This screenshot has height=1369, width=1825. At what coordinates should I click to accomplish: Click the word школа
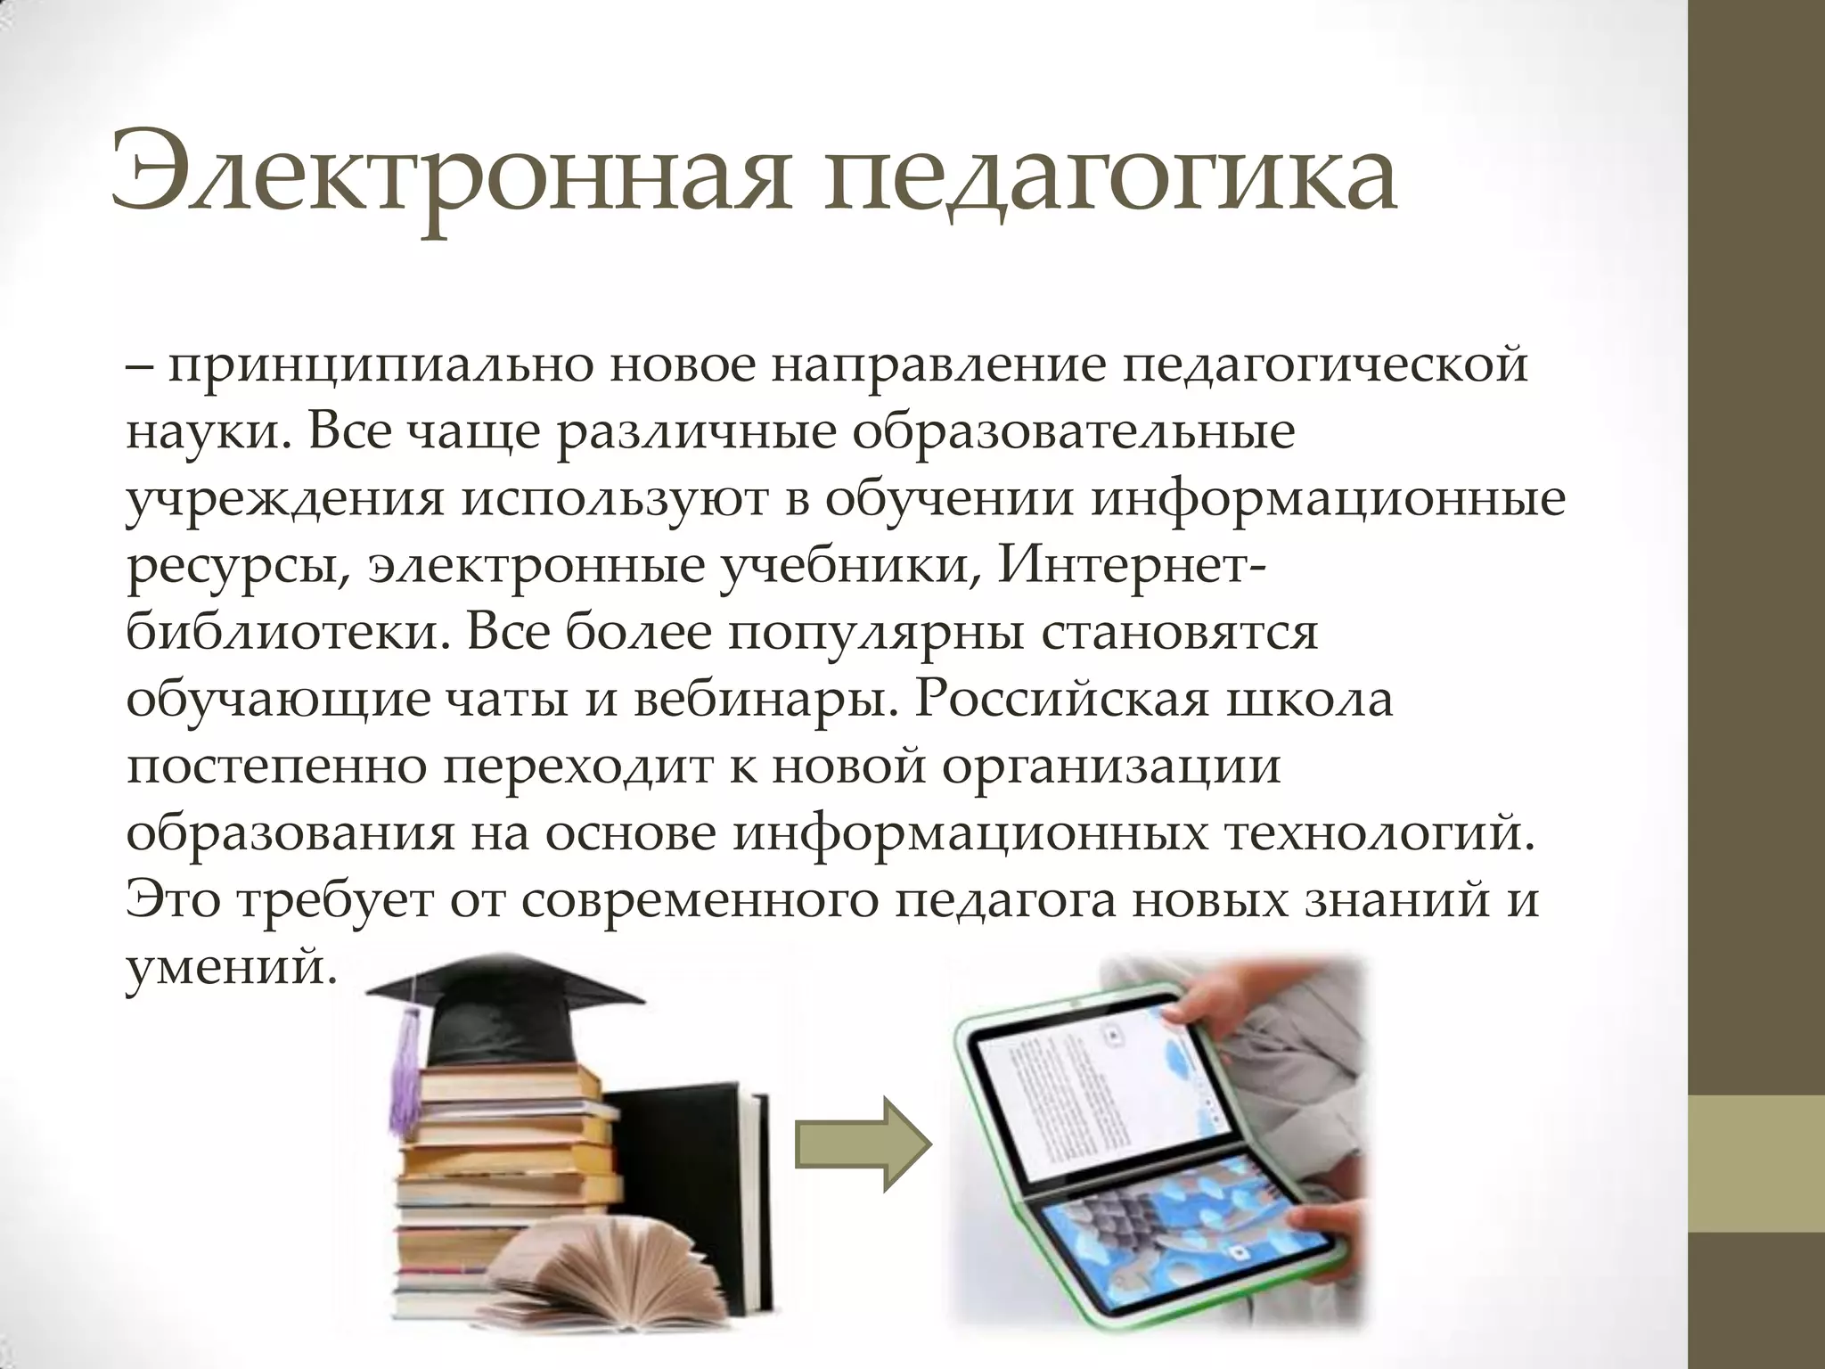click(1310, 699)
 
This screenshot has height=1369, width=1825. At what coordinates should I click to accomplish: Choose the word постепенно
click(276, 766)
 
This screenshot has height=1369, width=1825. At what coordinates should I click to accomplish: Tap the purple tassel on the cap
click(405, 1078)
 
